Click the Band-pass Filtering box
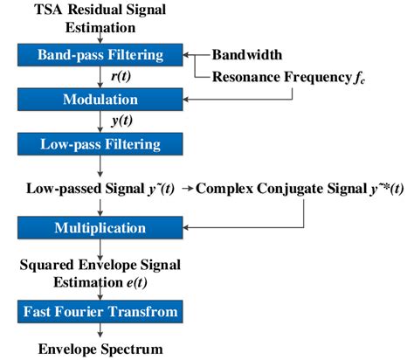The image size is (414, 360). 101,56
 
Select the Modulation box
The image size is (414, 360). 101,100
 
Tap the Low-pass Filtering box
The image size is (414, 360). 101,142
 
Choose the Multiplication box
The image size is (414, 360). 101,228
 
